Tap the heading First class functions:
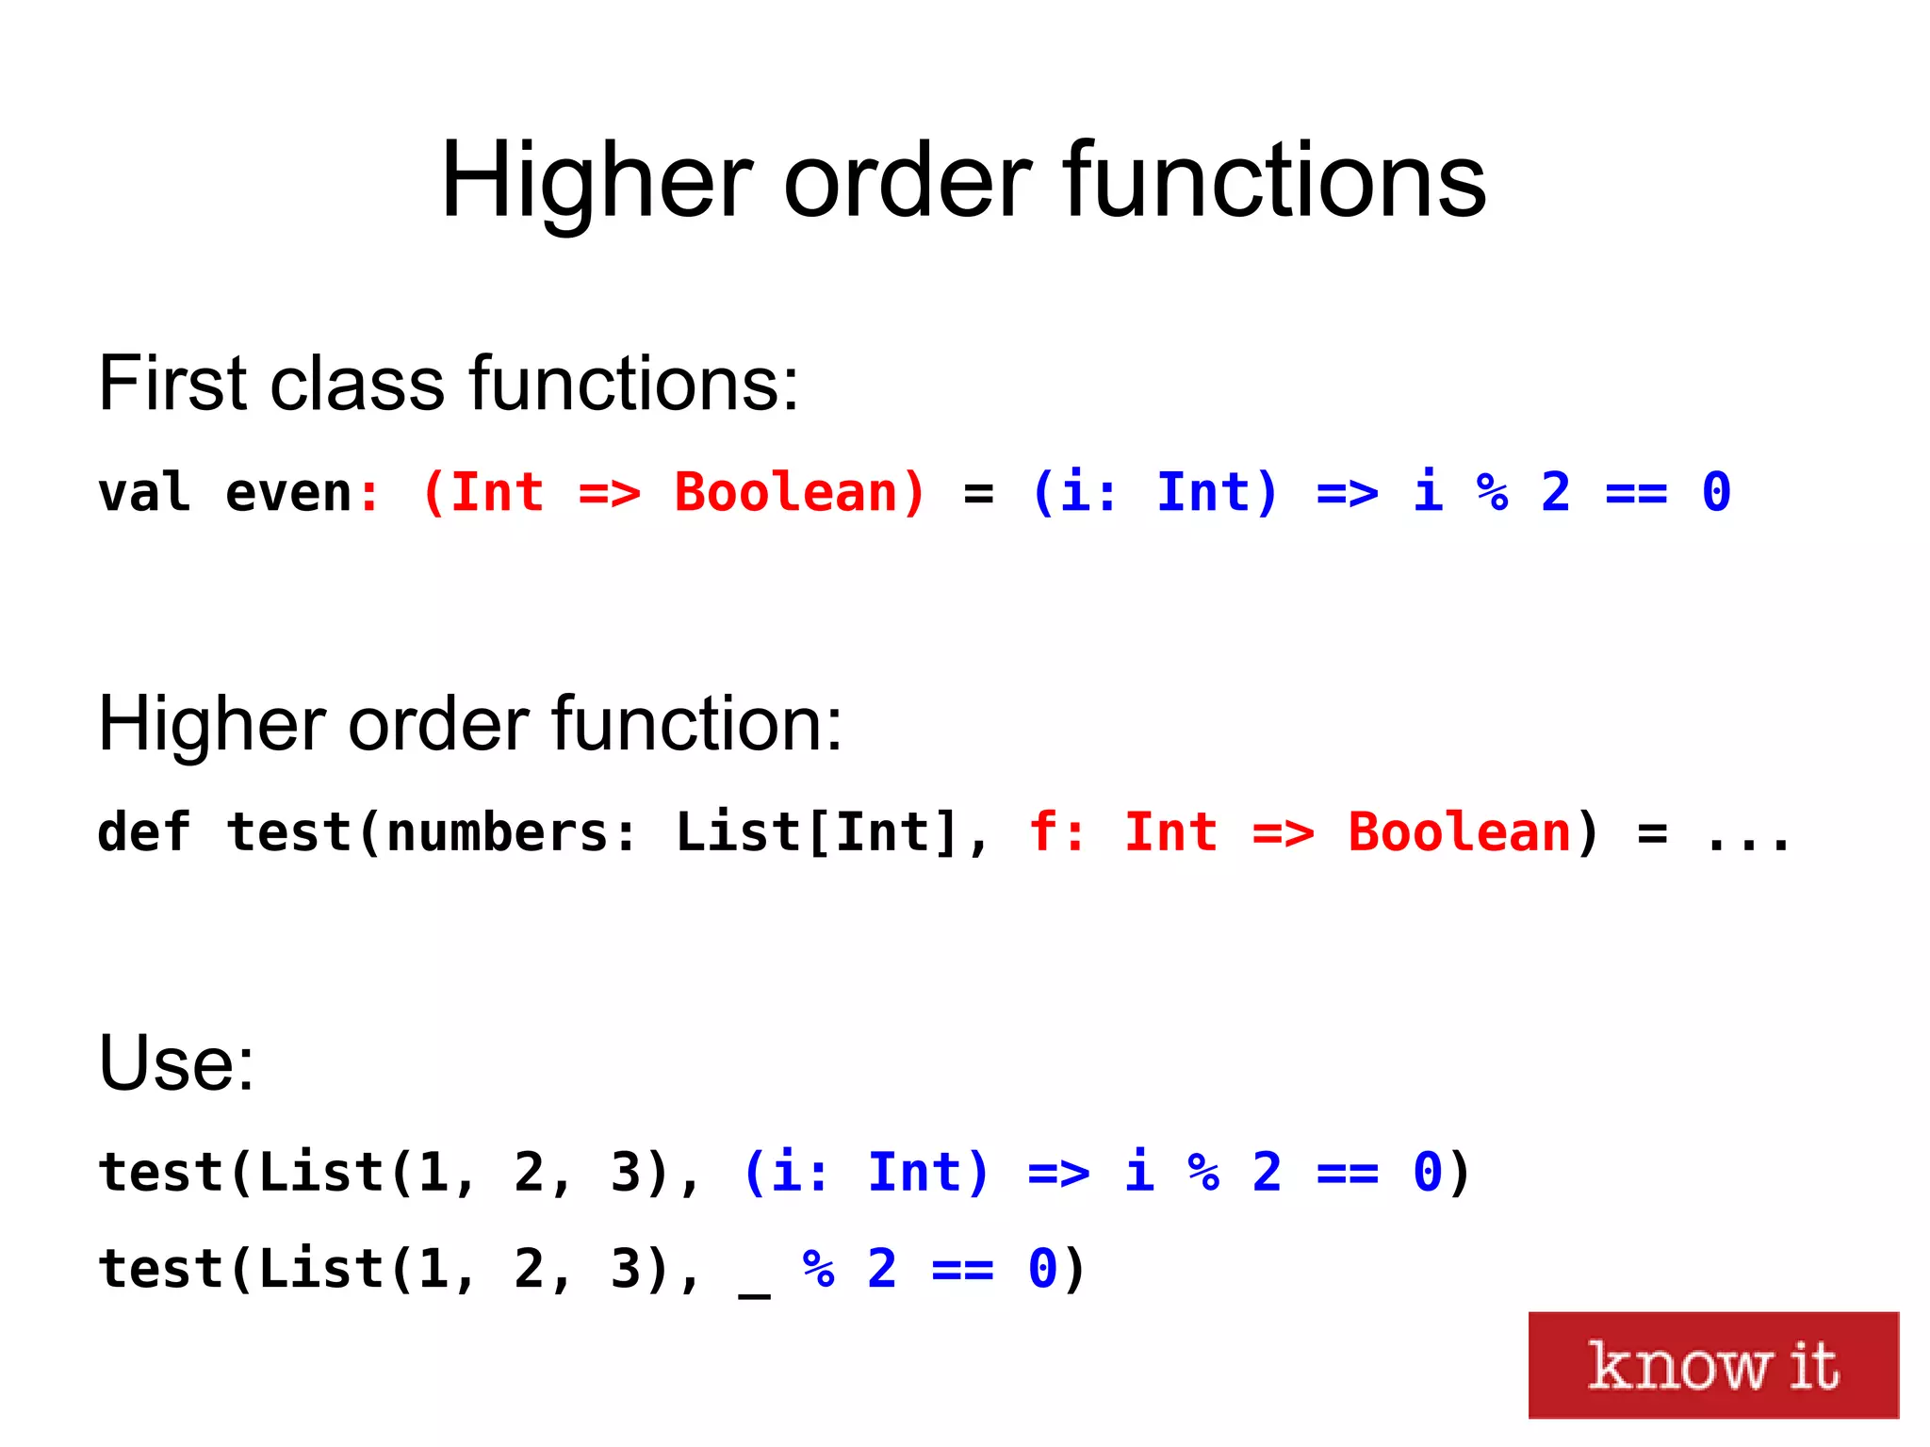point(448,384)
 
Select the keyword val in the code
point(144,492)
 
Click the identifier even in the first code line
point(288,492)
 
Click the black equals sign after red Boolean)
point(978,493)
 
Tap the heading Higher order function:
point(469,724)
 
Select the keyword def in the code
point(144,832)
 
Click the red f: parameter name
point(1055,832)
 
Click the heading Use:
point(176,1063)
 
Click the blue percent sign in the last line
point(818,1269)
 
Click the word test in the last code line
point(160,1269)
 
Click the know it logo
point(1712,1364)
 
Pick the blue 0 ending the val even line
point(1716,492)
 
